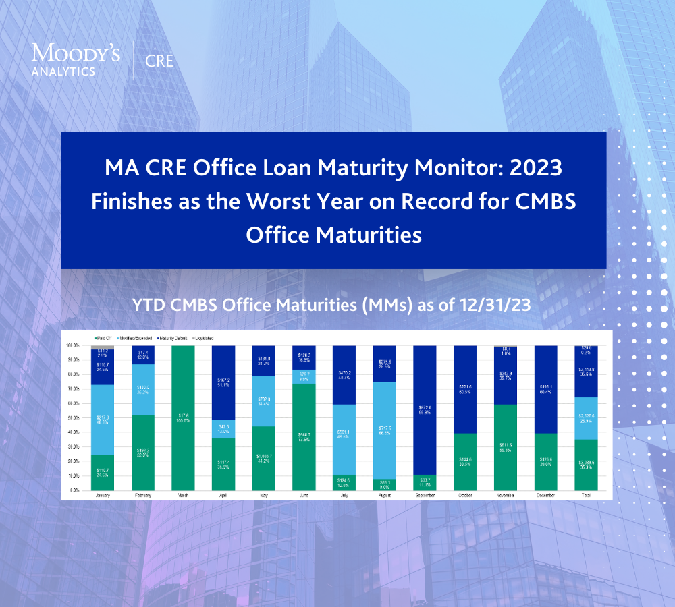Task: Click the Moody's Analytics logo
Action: click(x=76, y=59)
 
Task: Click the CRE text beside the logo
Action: click(x=160, y=61)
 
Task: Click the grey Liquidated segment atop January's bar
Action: click(x=103, y=347)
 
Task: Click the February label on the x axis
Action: click(x=143, y=496)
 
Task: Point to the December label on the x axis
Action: click(x=545, y=496)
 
